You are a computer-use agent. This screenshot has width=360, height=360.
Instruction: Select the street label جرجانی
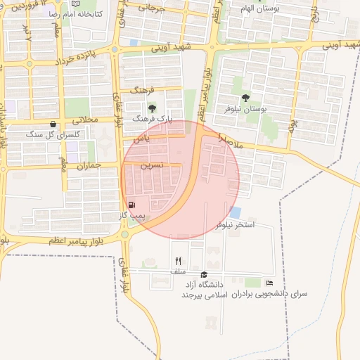[153, 8]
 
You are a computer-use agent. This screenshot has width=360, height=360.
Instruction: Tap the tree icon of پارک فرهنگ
[152, 108]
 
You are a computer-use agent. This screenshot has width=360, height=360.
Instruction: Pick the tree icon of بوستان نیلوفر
[245, 98]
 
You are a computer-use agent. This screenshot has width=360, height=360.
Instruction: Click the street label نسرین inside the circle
[152, 166]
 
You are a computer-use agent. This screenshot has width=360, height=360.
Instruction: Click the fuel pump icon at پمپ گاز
[131, 204]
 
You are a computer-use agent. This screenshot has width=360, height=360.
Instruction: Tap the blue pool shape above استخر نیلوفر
[235, 212]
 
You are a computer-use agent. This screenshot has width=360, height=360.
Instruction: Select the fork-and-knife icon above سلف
[178, 261]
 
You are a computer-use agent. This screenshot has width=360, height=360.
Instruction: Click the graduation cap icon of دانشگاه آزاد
[204, 274]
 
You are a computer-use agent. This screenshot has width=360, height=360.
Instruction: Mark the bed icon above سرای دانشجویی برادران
[270, 283]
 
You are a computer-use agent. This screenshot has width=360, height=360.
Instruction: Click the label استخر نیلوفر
[236, 224]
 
